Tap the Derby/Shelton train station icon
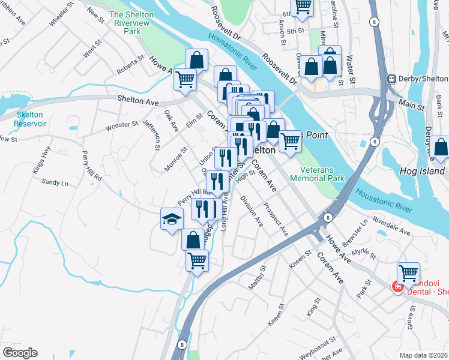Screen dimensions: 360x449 tap(392, 79)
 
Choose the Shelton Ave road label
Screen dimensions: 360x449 tap(138, 101)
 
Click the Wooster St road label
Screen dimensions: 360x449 tap(122, 125)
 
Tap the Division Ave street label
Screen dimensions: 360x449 tap(252, 211)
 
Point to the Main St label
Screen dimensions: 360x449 tap(411, 105)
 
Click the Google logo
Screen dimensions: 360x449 tap(20, 353)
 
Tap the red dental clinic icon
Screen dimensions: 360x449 tap(397, 287)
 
